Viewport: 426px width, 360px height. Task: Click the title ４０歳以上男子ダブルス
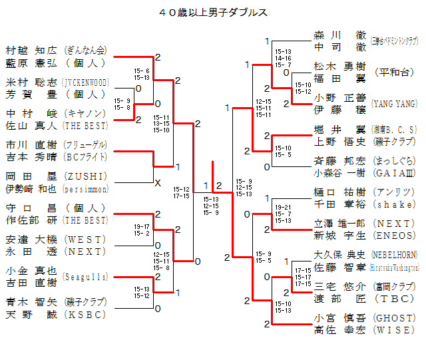coord(213,12)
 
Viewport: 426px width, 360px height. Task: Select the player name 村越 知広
coord(33,50)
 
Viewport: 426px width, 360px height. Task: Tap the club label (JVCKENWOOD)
coord(85,83)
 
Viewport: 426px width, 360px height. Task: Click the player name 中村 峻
coord(33,112)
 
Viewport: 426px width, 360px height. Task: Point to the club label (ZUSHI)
coord(85,176)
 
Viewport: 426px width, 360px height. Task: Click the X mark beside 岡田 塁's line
coord(158,182)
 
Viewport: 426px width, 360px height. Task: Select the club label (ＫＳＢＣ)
coord(85,314)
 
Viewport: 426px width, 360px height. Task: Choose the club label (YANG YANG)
coord(394,103)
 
